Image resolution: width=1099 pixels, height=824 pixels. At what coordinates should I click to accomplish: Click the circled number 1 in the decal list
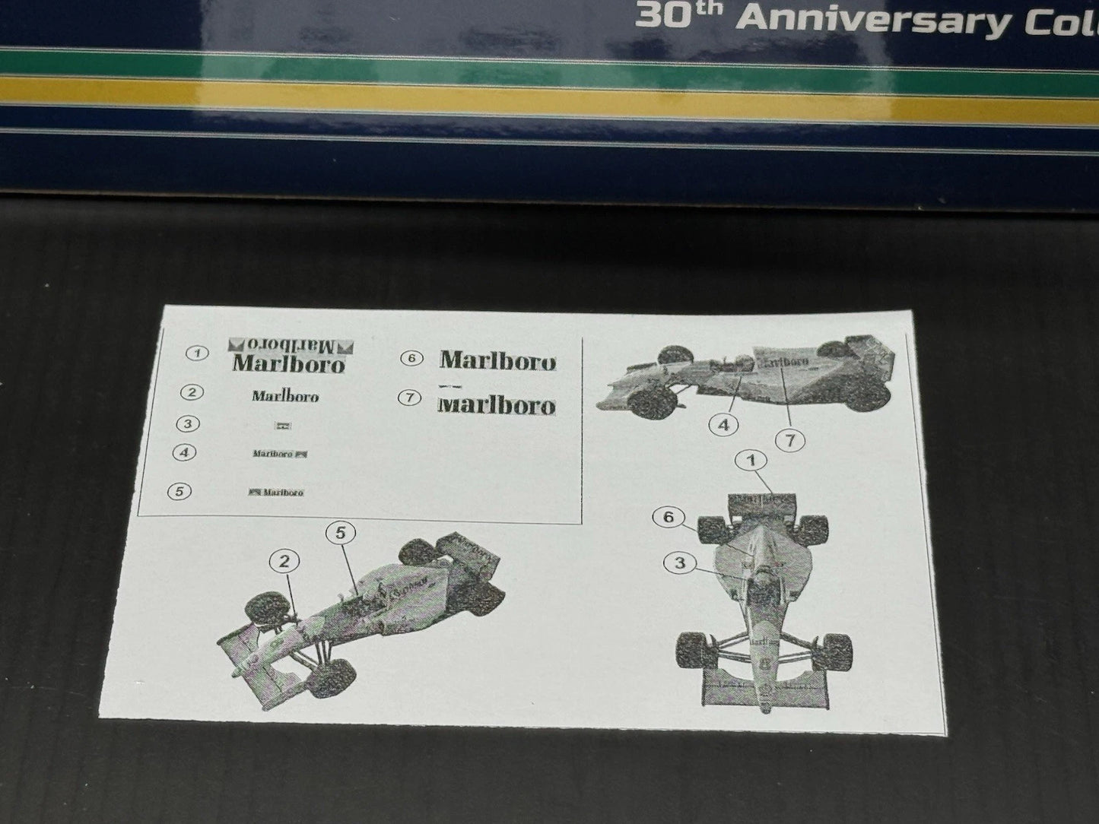click(x=197, y=353)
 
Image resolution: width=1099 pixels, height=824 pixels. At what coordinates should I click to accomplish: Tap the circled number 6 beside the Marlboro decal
click(x=411, y=357)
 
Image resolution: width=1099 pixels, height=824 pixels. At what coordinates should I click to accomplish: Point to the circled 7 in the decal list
click(x=411, y=397)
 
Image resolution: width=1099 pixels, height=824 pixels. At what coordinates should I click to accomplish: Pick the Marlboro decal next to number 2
click(x=285, y=396)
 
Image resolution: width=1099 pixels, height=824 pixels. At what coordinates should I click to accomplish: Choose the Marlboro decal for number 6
click(x=497, y=360)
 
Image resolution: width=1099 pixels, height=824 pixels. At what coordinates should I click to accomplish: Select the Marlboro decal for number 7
click(x=497, y=404)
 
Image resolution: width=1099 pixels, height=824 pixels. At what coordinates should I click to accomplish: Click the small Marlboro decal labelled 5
click(x=277, y=493)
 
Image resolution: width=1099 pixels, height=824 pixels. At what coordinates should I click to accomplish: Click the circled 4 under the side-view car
click(x=723, y=425)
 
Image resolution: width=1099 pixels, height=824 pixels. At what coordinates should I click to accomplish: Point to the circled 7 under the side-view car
click(x=790, y=439)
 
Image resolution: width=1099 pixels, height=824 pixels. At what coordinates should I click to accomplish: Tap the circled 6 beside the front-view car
click(x=669, y=518)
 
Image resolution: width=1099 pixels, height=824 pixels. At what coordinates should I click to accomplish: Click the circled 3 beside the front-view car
click(x=680, y=563)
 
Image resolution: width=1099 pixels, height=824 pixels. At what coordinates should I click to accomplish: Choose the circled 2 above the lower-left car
click(x=284, y=562)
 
